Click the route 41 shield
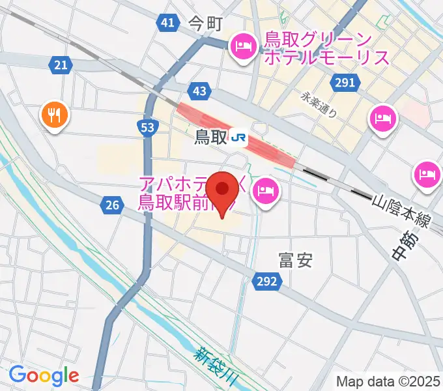[167, 23]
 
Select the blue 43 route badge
[199, 91]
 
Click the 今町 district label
[206, 25]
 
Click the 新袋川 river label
[219, 363]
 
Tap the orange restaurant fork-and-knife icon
[55, 116]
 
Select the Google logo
[44, 375]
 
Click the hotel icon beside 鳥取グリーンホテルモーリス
[244, 46]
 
